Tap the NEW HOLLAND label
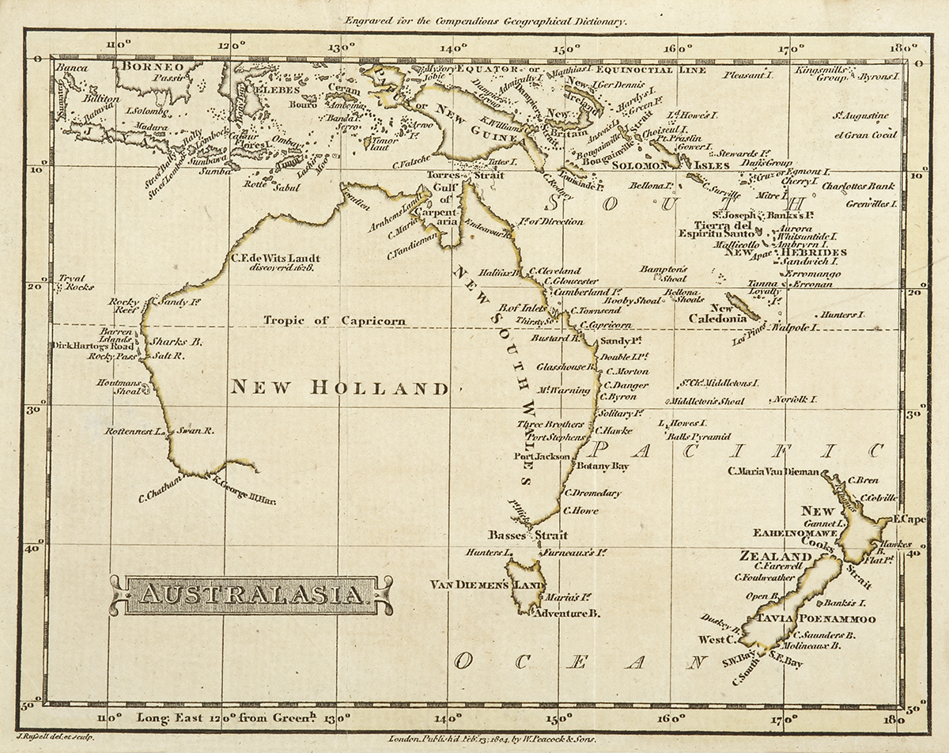pyautogui.click(x=339, y=388)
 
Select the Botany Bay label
pyautogui.click(x=603, y=467)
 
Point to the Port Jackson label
pyautogui.click(x=541, y=456)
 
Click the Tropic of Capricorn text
pyautogui.click(x=335, y=320)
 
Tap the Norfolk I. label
pyautogui.click(x=795, y=399)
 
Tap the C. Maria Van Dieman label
pyautogui.click(x=773, y=472)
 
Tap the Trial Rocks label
pyautogui.click(x=76, y=283)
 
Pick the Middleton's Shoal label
pyautogui.click(x=710, y=402)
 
